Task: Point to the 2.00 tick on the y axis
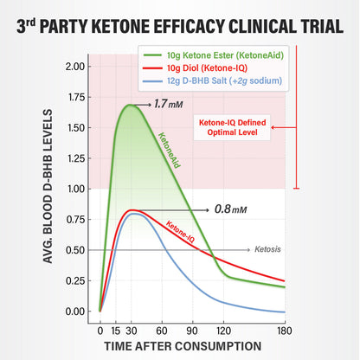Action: (x=74, y=67)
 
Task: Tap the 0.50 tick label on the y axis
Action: (x=74, y=250)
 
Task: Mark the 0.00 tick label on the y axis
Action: (x=74, y=312)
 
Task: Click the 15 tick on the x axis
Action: (x=115, y=331)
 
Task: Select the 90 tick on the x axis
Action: (x=193, y=331)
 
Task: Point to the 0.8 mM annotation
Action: (x=230, y=209)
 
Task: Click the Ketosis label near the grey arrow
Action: (x=269, y=249)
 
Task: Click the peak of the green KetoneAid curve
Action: (x=130, y=106)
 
